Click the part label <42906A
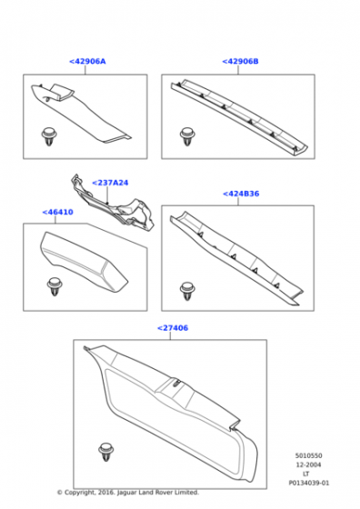pos(87,62)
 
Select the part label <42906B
pos(240,62)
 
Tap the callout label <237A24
pos(110,183)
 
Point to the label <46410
pos(58,212)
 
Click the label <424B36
pos(241,194)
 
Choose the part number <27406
pos(173,328)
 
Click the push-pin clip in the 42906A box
pos(49,136)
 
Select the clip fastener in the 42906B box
pos(187,136)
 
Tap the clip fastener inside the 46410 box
pos(55,286)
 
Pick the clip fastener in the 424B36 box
pos(187,291)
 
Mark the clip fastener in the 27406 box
pos(106,452)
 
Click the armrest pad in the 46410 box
pos(84,262)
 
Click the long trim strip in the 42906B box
pos(239,117)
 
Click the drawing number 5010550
pos(309,455)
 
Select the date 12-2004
pos(308,464)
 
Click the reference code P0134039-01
pos(309,483)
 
